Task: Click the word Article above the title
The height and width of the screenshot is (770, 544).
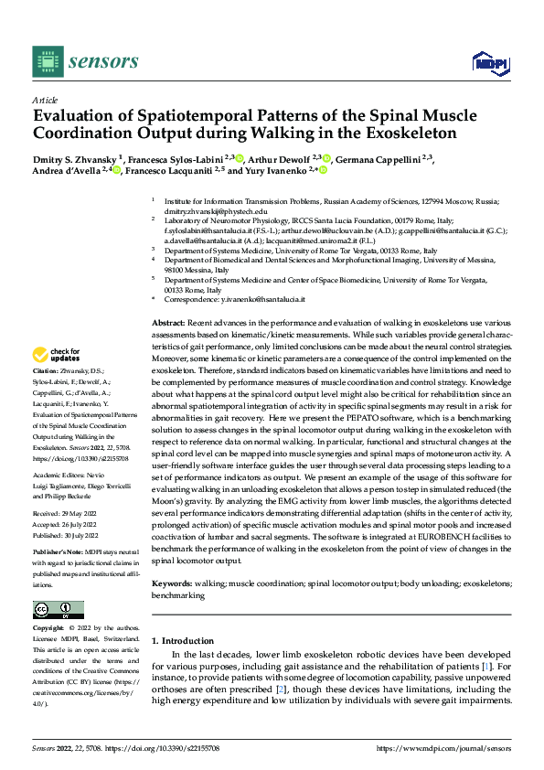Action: click(x=45, y=100)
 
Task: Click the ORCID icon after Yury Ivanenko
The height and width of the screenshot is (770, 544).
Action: click(x=323, y=170)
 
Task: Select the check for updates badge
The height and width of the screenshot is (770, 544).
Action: click(x=58, y=355)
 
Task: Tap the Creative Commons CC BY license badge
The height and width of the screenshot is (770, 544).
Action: click(x=58, y=610)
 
